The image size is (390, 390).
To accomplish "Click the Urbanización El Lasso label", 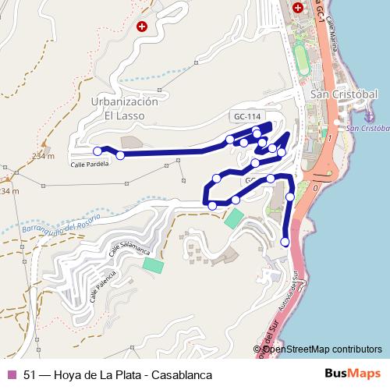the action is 125,108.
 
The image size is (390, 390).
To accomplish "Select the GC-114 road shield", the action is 245,116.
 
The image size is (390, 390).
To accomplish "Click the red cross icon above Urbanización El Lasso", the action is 141,26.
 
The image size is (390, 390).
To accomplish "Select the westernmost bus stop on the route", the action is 97,151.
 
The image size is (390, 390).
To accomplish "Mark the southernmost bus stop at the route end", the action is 285,243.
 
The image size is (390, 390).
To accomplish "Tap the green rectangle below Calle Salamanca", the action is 153,264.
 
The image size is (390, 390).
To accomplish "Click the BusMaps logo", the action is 352,374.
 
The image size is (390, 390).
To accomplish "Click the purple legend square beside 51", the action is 11,374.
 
